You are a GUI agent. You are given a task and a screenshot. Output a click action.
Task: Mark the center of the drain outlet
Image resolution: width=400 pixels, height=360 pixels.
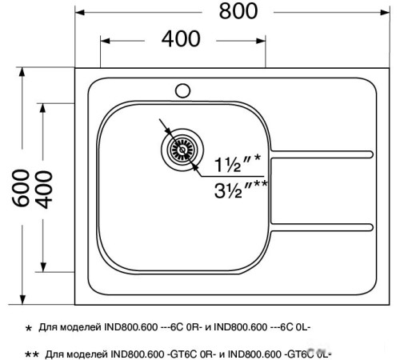[x=181, y=149]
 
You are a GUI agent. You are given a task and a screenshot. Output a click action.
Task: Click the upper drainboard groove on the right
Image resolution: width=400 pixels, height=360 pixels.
[x=324, y=151]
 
